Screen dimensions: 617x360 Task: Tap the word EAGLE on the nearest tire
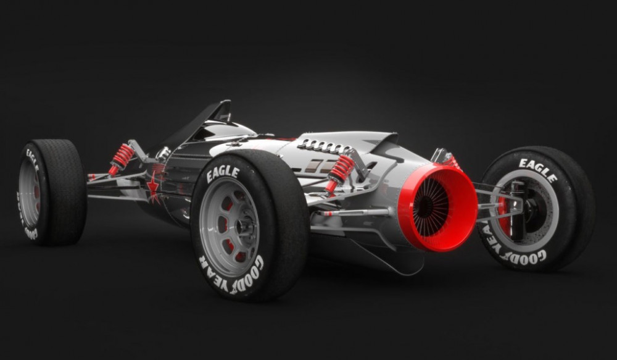click(223, 174)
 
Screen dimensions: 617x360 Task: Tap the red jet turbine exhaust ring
click(437, 207)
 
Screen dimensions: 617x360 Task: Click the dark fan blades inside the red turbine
click(430, 207)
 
